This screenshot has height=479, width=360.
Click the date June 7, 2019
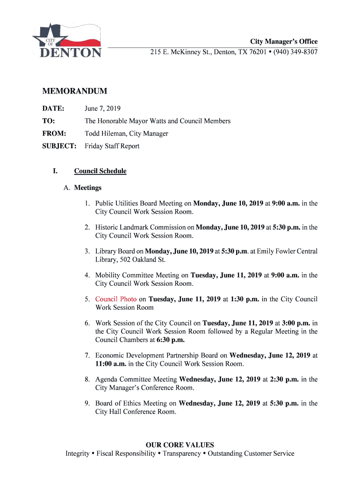102,109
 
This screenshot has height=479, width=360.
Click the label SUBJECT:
59,146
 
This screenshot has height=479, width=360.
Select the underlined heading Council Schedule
100,171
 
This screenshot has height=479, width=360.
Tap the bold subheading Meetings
88,188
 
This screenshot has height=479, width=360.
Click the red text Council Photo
116,299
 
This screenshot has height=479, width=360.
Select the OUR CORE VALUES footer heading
180,445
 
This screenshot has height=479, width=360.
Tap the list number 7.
87,356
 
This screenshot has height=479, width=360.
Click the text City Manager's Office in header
284,42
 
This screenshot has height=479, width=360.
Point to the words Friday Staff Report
112,146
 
